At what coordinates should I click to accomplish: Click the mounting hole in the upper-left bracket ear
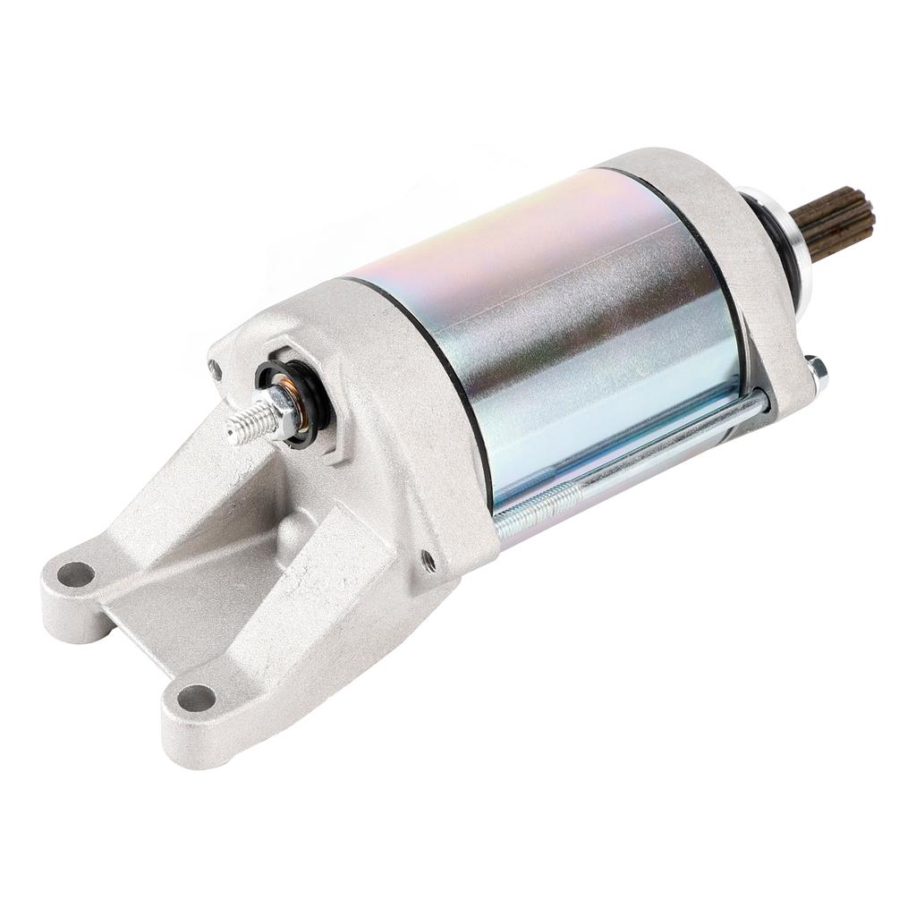point(77,573)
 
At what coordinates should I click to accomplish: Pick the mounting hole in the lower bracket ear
point(196,697)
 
